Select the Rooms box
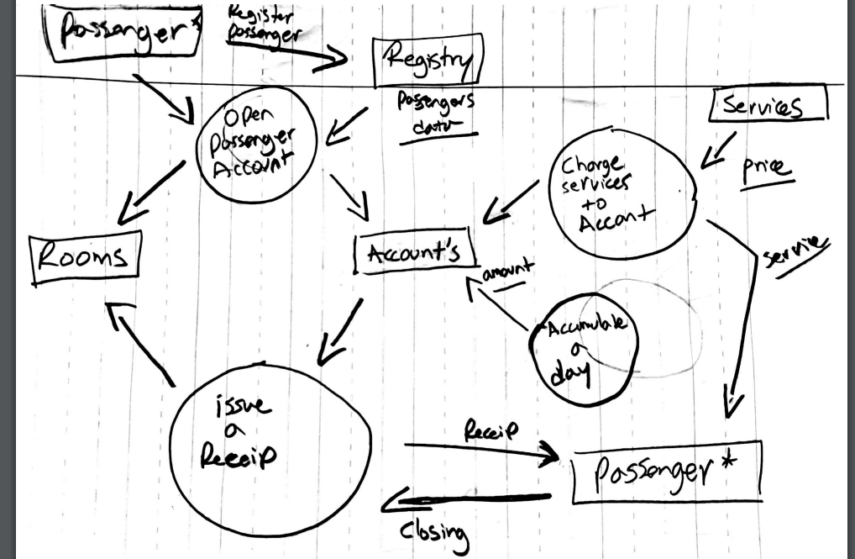point(84,257)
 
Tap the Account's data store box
point(414,253)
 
